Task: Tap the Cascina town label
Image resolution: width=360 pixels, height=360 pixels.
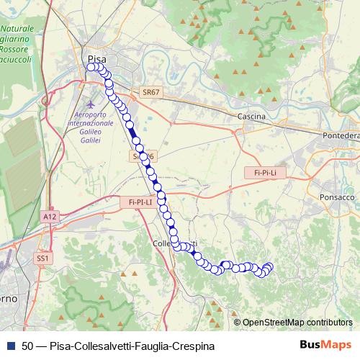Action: pyautogui.click(x=251, y=116)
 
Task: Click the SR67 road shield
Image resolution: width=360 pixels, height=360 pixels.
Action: pyautogui.click(x=150, y=93)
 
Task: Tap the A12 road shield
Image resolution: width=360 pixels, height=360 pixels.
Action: pyautogui.click(x=49, y=216)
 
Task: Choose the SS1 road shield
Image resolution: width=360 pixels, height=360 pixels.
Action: pyautogui.click(x=44, y=258)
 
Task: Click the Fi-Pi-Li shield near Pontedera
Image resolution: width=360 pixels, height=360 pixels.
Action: pyautogui.click(x=261, y=173)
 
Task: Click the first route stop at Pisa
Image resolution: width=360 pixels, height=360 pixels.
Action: pyautogui.click(x=91, y=67)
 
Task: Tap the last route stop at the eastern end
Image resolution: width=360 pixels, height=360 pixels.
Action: pyautogui.click(x=269, y=266)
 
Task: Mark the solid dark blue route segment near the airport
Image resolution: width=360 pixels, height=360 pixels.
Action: pyautogui.click(x=133, y=133)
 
